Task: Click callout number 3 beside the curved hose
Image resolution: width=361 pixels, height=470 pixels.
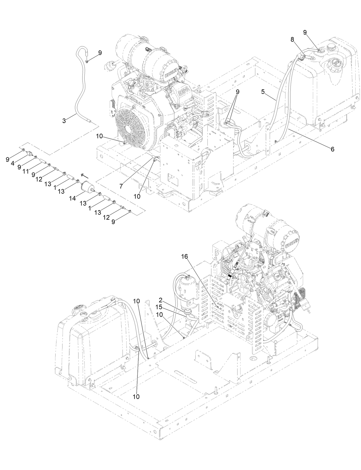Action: click(64, 121)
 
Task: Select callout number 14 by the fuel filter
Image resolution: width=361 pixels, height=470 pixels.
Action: click(73, 198)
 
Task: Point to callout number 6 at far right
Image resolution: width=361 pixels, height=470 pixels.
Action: click(332, 149)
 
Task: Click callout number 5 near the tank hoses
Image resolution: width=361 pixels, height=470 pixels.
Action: click(263, 92)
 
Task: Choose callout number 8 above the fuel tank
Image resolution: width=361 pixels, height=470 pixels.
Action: click(292, 40)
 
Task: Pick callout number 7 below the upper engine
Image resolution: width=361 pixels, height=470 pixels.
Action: click(121, 186)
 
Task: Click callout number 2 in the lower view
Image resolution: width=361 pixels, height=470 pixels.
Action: click(161, 300)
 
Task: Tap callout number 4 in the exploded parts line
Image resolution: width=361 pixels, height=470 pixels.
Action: click(12, 163)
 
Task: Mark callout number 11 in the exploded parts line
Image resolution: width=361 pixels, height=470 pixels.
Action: click(25, 171)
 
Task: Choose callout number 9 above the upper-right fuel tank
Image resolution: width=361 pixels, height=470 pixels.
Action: click(305, 32)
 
